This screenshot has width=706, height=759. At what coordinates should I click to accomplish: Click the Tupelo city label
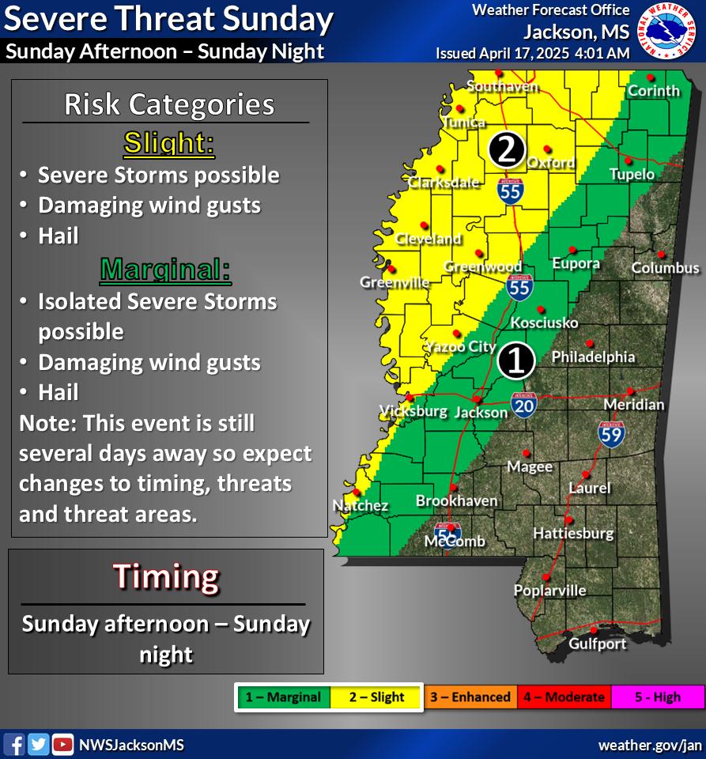coord(632,174)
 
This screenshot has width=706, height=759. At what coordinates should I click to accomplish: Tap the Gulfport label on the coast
coord(597,644)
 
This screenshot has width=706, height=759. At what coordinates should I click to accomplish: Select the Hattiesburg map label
coord(573,533)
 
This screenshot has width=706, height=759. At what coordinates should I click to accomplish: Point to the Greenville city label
coord(395,282)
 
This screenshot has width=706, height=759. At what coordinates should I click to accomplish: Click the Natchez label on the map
coord(360,505)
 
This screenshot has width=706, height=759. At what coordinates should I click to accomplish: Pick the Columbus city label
coord(665,268)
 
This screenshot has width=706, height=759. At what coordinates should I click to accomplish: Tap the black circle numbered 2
coord(507,149)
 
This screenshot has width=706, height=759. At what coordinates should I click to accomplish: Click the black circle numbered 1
coord(516,360)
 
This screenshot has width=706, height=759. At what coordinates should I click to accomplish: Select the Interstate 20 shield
coord(524,404)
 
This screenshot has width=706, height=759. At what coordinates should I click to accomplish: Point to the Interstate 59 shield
coord(611,433)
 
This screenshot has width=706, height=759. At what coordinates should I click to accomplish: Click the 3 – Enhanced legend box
coord(470,697)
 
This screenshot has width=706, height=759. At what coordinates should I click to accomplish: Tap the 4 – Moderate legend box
coord(563,697)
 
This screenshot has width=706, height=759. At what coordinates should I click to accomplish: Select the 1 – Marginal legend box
coord(282,697)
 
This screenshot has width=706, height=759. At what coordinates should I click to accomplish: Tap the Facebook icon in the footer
coord(14,744)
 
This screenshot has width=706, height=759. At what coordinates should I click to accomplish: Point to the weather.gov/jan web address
coord(650,745)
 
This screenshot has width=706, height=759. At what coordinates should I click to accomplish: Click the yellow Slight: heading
coord(169,144)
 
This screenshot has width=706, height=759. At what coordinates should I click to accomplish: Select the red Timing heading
coord(166,576)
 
